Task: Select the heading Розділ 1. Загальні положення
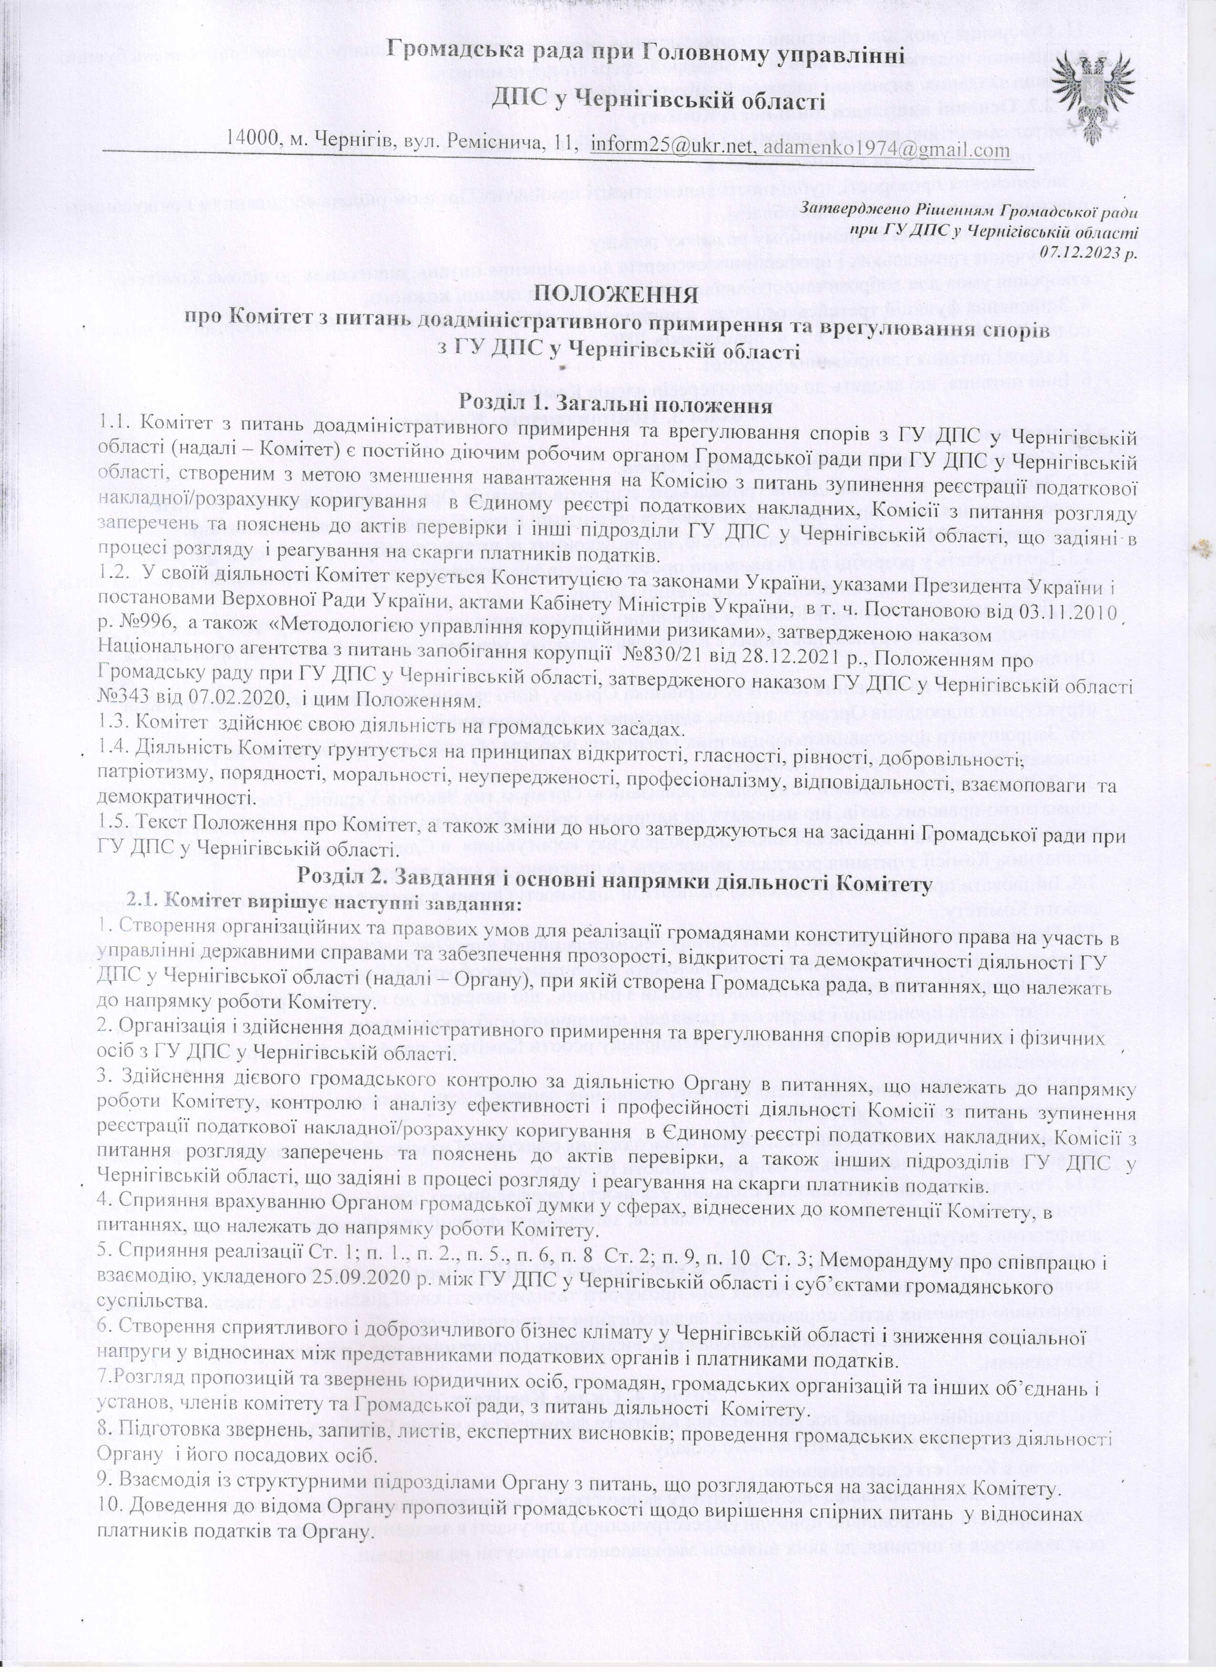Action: pos(616,403)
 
